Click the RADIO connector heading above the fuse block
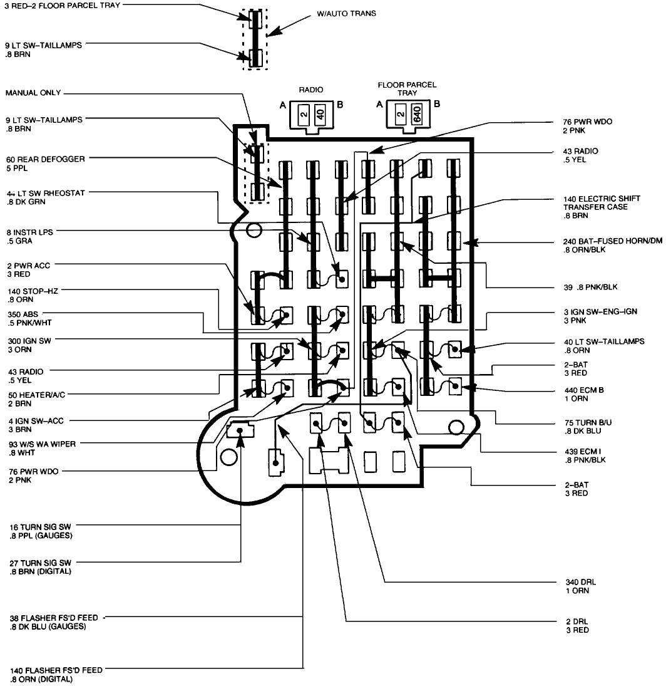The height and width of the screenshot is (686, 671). click(311, 90)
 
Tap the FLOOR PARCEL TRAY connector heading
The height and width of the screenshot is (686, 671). click(407, 88)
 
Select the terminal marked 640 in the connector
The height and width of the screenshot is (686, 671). click(416, 113)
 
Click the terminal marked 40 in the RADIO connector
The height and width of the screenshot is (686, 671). click(320, 113)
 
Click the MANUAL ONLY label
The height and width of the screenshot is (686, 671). click(33, 93)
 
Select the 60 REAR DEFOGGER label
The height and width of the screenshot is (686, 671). click(44, 164)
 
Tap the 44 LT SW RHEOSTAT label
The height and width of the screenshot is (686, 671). click(44, 197)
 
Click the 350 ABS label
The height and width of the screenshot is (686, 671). click(28, 318)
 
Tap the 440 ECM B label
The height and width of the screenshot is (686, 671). click(582, 394)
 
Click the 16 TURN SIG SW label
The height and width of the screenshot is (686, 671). click(39, 532)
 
